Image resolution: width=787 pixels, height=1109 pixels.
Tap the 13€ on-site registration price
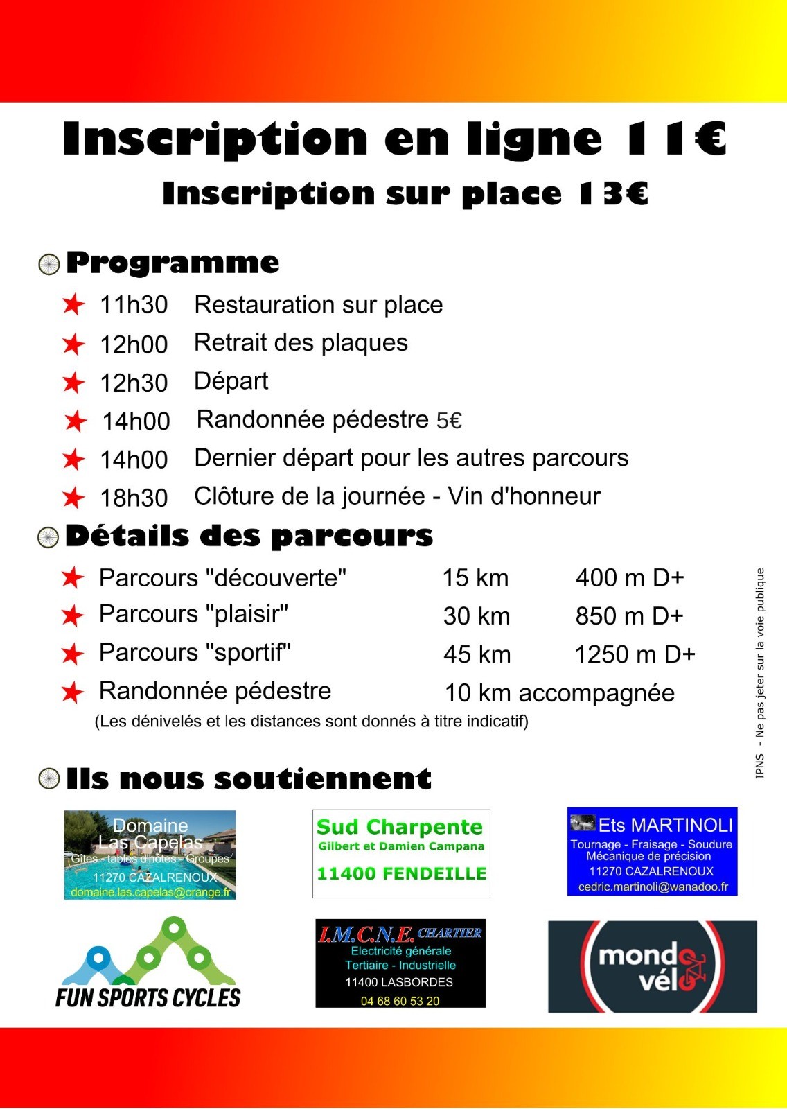pyautogui.click(x=613, y=194)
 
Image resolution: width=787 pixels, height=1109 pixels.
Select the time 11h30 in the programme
pyautogui.click(x=134, y=305)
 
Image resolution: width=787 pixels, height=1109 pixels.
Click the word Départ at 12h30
pyautogui.click(x=231, y=381)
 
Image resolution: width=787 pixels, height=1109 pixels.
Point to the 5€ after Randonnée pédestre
pyautogui.click(x=449, y=421)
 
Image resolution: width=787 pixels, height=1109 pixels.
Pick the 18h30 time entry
pyautogui.click(x=134, y=498)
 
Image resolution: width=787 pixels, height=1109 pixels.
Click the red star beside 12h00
pyautogui.click(x=73, y=344)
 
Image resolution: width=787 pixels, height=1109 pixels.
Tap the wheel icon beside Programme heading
pyautogui.click(x=48, y=264)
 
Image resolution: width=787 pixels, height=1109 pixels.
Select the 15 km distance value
pyautogui.click(x=475, y=578)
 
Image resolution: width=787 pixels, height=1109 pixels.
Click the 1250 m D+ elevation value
pyautogui.click(x=635, y=654)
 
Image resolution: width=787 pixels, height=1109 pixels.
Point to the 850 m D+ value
pyautogui.click(x=629, y=616)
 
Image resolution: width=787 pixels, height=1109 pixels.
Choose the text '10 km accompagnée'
pyautogui.click(x=559, y=692)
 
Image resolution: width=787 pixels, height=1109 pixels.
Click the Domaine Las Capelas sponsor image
pyautogui.click(x=150, y=855)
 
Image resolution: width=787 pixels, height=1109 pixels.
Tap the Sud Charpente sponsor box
pyautogui.click(x=401, y=853)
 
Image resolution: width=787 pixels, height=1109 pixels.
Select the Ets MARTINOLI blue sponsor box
pyautogui.click(x=652, y=851)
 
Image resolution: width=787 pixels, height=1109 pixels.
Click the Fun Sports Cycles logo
pyautogui.click(x=148, y=963)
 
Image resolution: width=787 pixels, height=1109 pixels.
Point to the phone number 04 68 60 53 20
pyautogui.click(x=400, y=1001)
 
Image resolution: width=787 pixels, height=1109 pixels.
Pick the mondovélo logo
pyautogui.click(x=652, y=967)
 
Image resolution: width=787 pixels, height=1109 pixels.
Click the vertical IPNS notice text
pyautogui.click(x=760, y=673)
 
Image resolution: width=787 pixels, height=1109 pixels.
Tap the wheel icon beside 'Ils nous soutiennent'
pyautogui.click(x=48, y=778)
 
